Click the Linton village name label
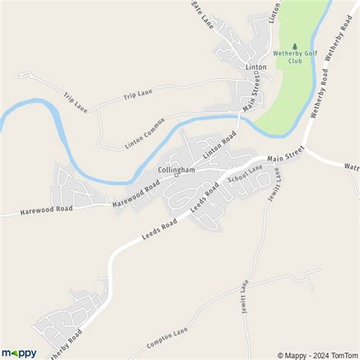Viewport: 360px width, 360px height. click(x=256, y=67)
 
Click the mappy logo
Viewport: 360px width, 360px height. click(x=19, y=352)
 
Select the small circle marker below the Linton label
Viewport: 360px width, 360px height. click(x=256, y=74)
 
